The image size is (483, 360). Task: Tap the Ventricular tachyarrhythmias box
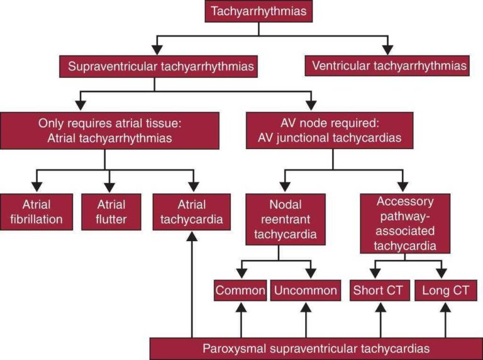pos(387,65)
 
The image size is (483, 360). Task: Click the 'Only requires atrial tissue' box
pos(105,130)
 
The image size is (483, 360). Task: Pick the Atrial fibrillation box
pos(36,212)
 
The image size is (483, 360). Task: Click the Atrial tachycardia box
pos(190,212)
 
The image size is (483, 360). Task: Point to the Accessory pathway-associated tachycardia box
pos(405,223)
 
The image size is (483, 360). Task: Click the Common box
pos(240,291)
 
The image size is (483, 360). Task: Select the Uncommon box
pos(306,291)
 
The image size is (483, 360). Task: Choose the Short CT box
pos(380,291)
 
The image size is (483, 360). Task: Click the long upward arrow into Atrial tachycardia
pos(190,283)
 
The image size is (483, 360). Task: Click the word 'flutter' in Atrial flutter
pos(111,219)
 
